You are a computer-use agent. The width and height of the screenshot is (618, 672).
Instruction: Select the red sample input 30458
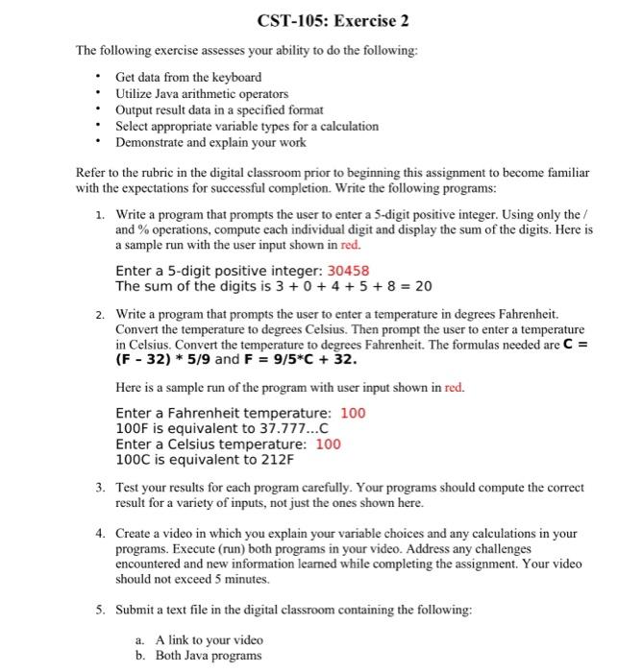point(342,271)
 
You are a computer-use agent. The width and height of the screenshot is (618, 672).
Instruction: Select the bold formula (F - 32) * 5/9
point(162,360)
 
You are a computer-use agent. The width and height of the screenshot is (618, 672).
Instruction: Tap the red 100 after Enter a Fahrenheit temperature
point(354,413)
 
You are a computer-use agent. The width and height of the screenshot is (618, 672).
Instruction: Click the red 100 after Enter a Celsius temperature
point(328,444)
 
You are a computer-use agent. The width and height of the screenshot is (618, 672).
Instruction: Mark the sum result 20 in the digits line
point(423,286)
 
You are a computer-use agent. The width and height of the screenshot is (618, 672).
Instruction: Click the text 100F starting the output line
point(132,428)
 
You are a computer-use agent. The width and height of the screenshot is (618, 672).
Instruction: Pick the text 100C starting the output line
point(132,460)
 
